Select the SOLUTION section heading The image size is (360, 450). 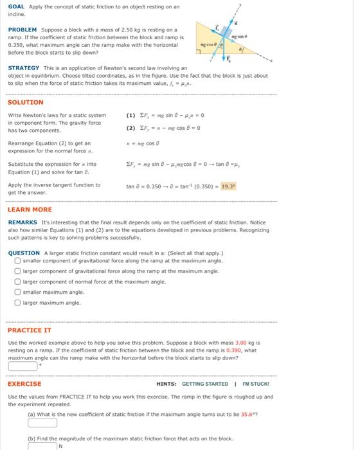click(25, 102)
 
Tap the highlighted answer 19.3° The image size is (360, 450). click(228, 186)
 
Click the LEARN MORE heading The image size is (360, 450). click(30, 210)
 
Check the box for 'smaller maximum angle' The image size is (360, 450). click(17, 292)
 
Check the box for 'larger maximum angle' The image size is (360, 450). click(17, 302)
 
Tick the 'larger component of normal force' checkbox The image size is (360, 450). click(17, 282)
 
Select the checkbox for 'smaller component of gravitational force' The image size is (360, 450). click(17, 261)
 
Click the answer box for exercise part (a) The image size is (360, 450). click(42, 423)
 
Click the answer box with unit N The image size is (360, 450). click(42, 445)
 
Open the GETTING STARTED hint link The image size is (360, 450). click(206, 384)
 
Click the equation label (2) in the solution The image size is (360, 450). click(131, 127)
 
